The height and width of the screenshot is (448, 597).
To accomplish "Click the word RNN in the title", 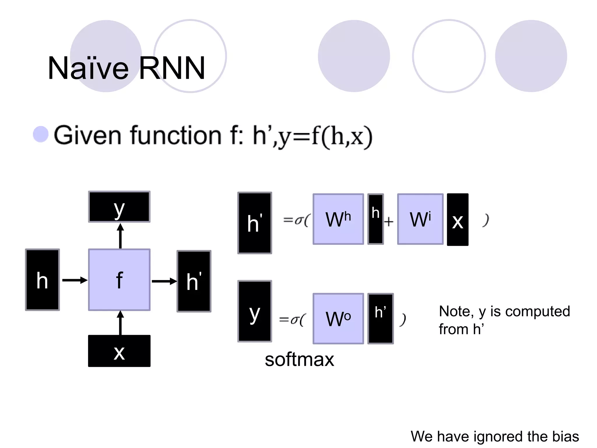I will coord(172,68).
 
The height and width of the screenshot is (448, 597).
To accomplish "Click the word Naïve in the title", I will coord(88,68).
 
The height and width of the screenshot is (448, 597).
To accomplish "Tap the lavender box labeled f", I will coord(119,280).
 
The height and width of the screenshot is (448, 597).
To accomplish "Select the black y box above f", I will coord(119,207).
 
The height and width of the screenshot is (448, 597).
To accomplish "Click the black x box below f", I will coord(119,351).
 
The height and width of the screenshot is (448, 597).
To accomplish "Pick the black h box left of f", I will coord(42,280).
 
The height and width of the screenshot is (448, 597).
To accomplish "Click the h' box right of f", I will coord(194,281).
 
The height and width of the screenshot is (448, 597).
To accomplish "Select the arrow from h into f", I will coord(75,280).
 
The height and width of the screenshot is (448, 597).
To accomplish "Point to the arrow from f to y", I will coord(120,236).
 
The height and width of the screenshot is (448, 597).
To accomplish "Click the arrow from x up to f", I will coord(120,323).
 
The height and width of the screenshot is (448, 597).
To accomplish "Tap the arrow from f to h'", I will coord(164,281).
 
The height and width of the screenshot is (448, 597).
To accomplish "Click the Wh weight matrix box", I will coord(338,219).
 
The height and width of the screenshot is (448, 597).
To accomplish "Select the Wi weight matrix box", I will coord(420,219).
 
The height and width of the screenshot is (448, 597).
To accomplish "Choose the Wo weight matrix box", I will coord(338,318).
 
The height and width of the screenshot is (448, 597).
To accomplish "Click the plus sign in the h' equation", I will coord(389,222).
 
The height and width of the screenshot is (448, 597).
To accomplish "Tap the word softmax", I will coord(299,359).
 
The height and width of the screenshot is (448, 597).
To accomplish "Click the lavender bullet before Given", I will coord(41,134).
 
